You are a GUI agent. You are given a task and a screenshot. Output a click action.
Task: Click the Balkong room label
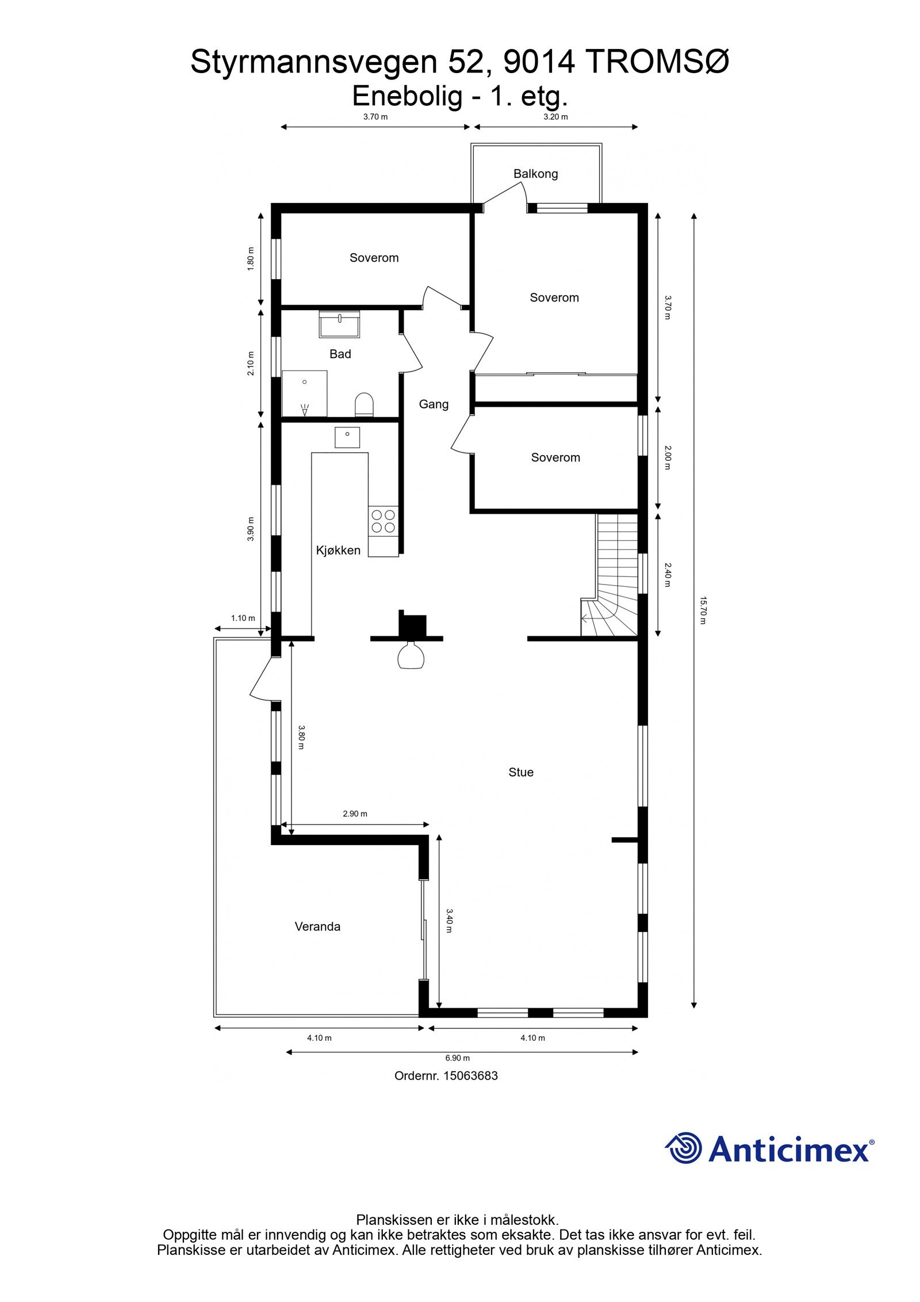pos(535,174)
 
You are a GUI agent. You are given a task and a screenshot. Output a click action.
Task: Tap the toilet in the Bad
pos(364,404)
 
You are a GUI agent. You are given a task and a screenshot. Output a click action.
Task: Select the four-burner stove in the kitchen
pos(383,520)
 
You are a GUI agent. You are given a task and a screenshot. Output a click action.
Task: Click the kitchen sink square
pos(347,437)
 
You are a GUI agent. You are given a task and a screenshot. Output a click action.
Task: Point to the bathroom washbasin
pos(339,324)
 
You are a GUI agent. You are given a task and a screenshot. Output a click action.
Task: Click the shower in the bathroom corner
pos(304,394)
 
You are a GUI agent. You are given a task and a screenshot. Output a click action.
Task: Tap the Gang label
pos(433,404)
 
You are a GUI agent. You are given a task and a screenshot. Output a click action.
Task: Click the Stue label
pos(520,772)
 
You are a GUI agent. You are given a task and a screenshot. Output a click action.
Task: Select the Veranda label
pos(317,926)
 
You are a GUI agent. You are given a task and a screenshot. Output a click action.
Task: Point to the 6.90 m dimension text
pos(458,1057)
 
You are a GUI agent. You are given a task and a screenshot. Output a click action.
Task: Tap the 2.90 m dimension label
pos(355,814)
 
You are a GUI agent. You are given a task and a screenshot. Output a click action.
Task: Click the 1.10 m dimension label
pos(243,618)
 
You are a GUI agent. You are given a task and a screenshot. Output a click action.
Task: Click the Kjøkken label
pos(338,550)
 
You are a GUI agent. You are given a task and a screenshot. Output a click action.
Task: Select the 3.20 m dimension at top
pos(555,117)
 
